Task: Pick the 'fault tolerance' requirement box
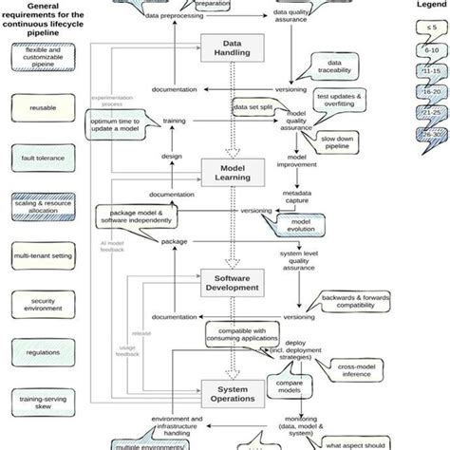42,158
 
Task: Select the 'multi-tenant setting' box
42,256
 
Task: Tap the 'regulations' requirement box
42,351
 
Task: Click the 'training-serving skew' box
42,402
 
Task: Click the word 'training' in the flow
175,122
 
